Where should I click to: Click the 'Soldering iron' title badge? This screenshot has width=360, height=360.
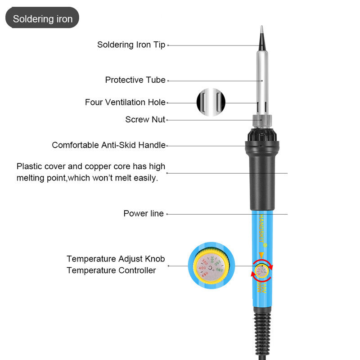point(42,19)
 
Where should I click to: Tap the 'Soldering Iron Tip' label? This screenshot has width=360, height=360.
point(131,45)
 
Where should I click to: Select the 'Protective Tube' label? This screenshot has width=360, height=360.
point(135,80)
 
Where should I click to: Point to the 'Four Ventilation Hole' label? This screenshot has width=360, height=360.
point(125,103)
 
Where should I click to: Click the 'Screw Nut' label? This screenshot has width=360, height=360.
point(145,120)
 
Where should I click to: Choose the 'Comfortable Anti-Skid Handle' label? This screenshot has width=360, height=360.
point(108,145)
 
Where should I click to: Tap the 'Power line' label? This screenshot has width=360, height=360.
point(144,214)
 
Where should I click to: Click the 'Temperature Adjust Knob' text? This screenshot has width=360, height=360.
point(116,259)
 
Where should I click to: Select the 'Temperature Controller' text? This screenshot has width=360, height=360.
point(111,270)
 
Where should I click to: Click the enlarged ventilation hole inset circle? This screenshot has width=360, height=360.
point(210,103)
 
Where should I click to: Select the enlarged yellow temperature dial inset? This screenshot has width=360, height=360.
point(210,266)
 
